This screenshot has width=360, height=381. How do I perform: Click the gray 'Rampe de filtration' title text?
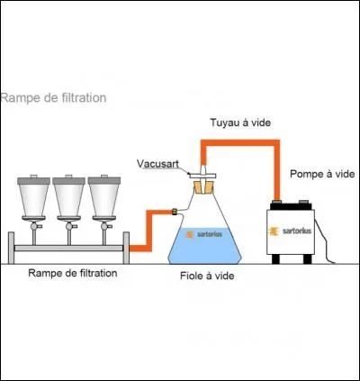click(54, 97)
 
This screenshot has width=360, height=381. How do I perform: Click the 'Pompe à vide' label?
click(321, 174)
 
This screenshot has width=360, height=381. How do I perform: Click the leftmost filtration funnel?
click(32, 198)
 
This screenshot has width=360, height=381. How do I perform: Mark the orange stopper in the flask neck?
click(204, 186)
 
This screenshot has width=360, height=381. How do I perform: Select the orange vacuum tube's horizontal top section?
click(238, 141)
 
